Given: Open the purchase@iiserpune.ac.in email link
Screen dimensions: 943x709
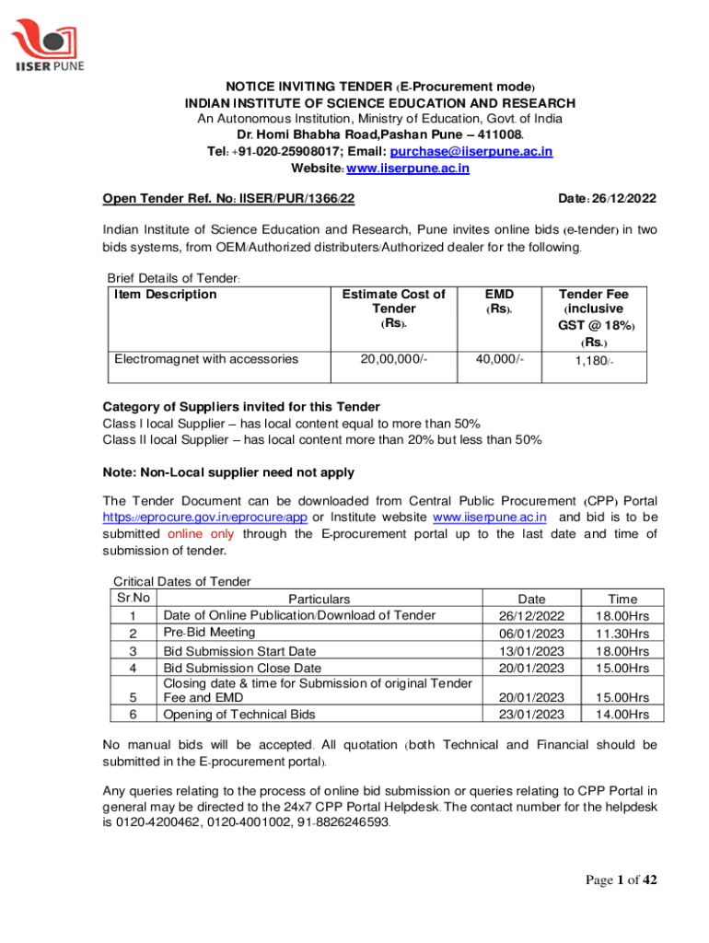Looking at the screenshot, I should coord(471,151).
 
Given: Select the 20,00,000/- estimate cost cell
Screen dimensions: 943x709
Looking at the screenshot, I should coord(393,359).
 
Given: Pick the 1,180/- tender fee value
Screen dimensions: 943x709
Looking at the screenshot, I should coord(594,361).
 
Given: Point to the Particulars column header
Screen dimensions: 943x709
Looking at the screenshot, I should coord(319,599).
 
